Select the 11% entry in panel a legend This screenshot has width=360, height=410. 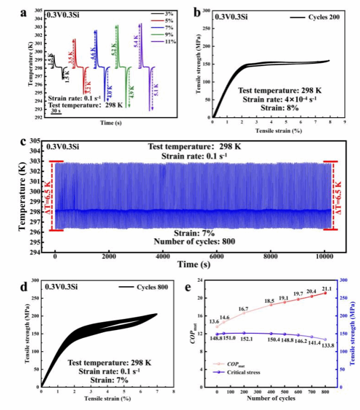pos(167,42)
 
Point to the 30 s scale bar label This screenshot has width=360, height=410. pos(57,111)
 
